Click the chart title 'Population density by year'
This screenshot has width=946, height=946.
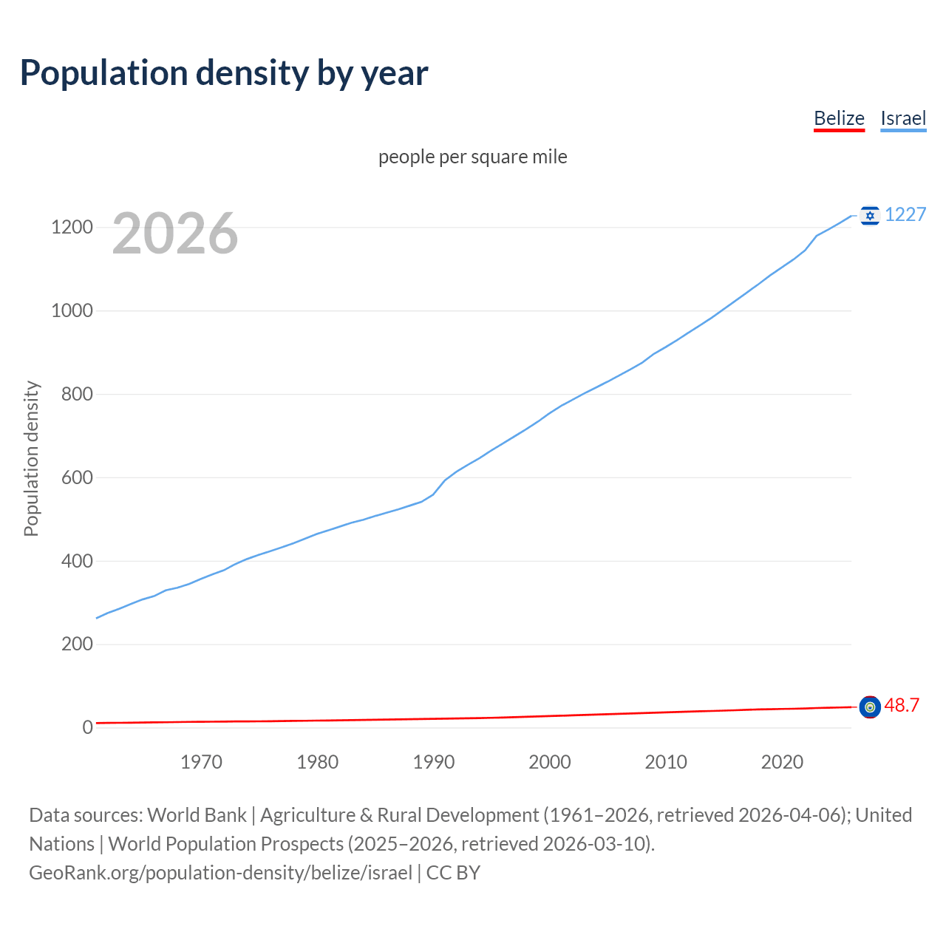(224, 73)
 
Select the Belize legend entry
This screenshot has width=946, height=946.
(839, 118)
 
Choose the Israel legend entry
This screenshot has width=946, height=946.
(903, 118)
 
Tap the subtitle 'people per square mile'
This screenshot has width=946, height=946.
(473, 157)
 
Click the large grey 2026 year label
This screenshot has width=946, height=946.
(175, 234)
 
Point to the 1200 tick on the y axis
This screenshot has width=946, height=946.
(72, 227)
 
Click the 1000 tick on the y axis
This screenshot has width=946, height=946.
(72, 310)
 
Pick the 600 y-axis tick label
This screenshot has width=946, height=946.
(77, 477)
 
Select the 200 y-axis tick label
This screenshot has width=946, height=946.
(77, 644)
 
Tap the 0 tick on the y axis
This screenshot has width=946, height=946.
(88, 727)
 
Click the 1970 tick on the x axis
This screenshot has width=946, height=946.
(201, 762)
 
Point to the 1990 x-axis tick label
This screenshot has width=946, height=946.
(434, 762)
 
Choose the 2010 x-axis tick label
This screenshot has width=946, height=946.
(666, 762)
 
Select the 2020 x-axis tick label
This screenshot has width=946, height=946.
(782, 762)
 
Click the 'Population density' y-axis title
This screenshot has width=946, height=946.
(31, 458)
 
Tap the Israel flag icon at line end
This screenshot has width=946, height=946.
(870, 215)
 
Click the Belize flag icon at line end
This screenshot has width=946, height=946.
(870, 707)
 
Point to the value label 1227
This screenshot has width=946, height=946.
(905, 214)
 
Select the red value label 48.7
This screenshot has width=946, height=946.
(902, 705)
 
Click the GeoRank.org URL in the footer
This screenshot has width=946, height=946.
(220, 873)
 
